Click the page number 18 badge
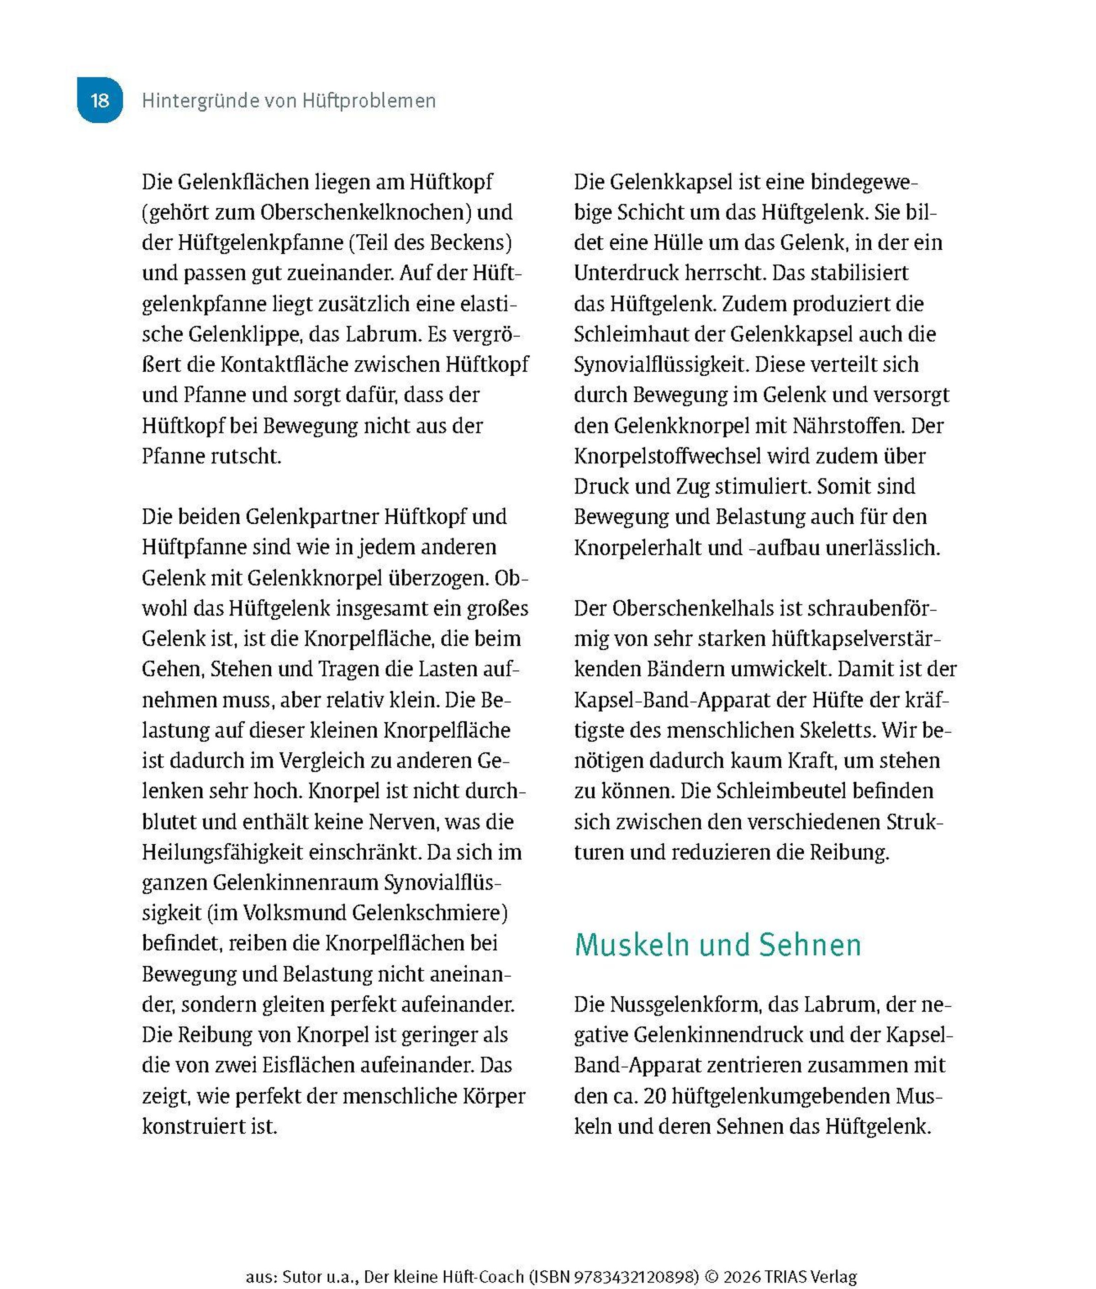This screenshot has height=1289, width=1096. [x=100, y=100]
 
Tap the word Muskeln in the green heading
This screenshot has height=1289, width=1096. [x=632, y=945]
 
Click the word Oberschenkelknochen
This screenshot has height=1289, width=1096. [x=367, y=212]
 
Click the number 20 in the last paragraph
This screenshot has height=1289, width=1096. [x=654, y=1095]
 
